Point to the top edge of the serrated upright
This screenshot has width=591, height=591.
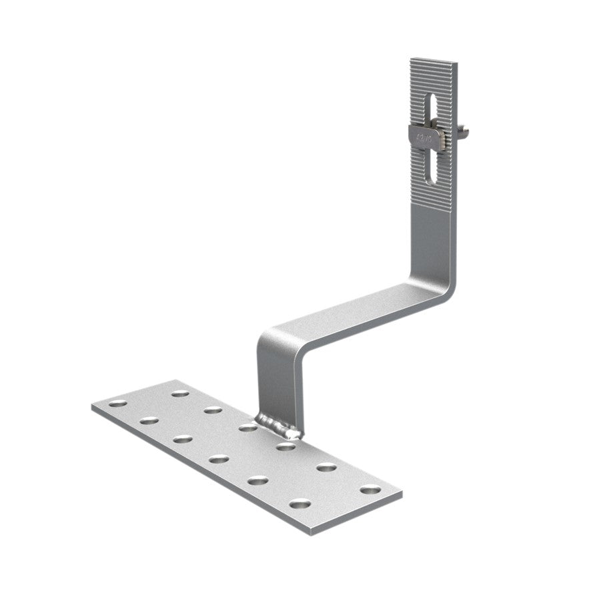(x=434, y=61)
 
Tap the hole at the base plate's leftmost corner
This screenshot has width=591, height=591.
(x=118, y=404)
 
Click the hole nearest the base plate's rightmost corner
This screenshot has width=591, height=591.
(x=370, y=490)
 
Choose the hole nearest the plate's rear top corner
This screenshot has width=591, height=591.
(x=179, y=394)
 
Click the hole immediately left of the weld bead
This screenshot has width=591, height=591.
(x=248, y=427)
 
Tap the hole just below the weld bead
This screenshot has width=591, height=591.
(x=286, y=446)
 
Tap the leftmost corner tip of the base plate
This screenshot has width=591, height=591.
(x=91, y=404)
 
